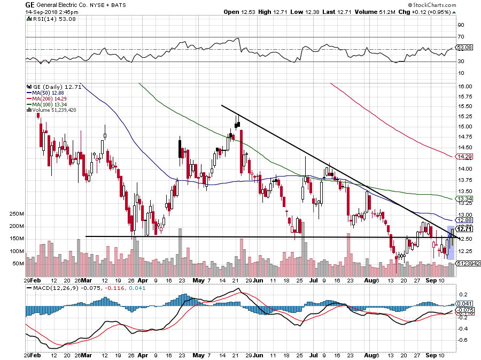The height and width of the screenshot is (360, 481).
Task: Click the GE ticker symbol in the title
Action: pyautogui.click(x=30, y=4)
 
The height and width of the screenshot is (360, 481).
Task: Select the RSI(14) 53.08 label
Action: pyautogui.click(x=46, y=19)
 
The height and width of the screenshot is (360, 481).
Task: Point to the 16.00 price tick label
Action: pyautogui.click(x=465, y=86)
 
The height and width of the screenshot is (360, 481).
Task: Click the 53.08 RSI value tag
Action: pyautogui.click(x=465, y=48)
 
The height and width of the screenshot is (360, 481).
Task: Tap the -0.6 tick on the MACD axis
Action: pyautogui.click(x=462, y=340)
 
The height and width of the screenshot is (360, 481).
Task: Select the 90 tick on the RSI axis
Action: pyautogui.click(x=460, y=24)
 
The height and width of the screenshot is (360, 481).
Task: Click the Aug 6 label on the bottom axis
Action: pyautogui.click(x=373, y=280)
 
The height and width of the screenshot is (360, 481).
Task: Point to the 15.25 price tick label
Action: pyautogui.click(x=465, y=117)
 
